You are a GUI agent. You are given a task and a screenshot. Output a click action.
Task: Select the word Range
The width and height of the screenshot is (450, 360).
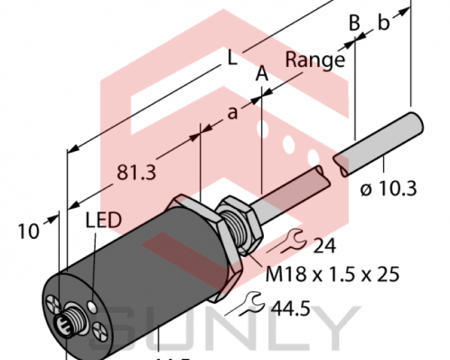(x=314, y=60)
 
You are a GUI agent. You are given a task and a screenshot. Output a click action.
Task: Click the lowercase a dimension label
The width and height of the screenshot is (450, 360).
(x=232, y=113)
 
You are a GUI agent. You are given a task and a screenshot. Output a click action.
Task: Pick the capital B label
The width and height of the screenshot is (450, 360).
(x=355, y=23)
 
